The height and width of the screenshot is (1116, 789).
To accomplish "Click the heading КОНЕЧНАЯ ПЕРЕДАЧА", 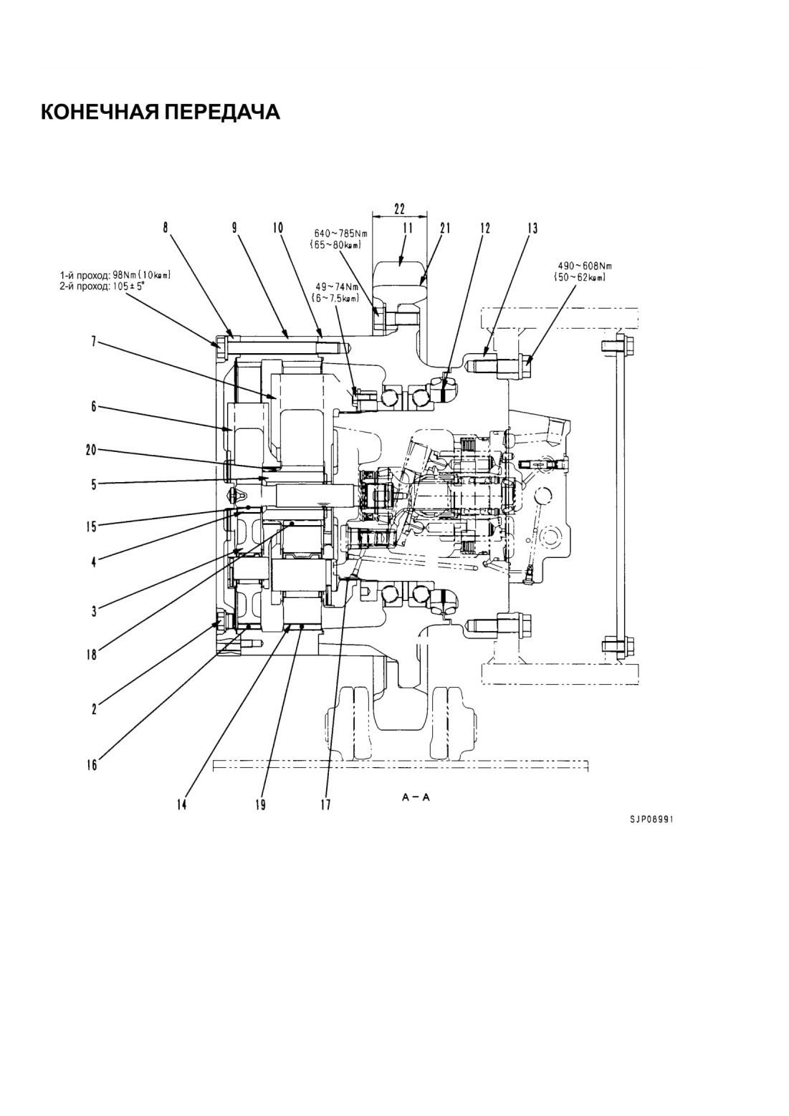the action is tap(160, 112).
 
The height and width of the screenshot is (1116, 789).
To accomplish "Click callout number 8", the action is tap(166, 229).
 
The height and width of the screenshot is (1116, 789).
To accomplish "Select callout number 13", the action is tap(532, 229).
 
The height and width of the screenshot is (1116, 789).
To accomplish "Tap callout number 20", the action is tap(92, 451).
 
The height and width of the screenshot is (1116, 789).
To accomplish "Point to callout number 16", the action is tap(91, 764).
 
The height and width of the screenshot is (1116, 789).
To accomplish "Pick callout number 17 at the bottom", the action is tap(325, 804).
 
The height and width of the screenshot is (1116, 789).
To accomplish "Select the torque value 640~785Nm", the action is tap(341, 233).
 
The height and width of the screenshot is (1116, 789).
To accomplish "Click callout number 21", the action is tap(444, 229).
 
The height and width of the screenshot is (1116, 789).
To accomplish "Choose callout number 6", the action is tap(93, 407).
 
